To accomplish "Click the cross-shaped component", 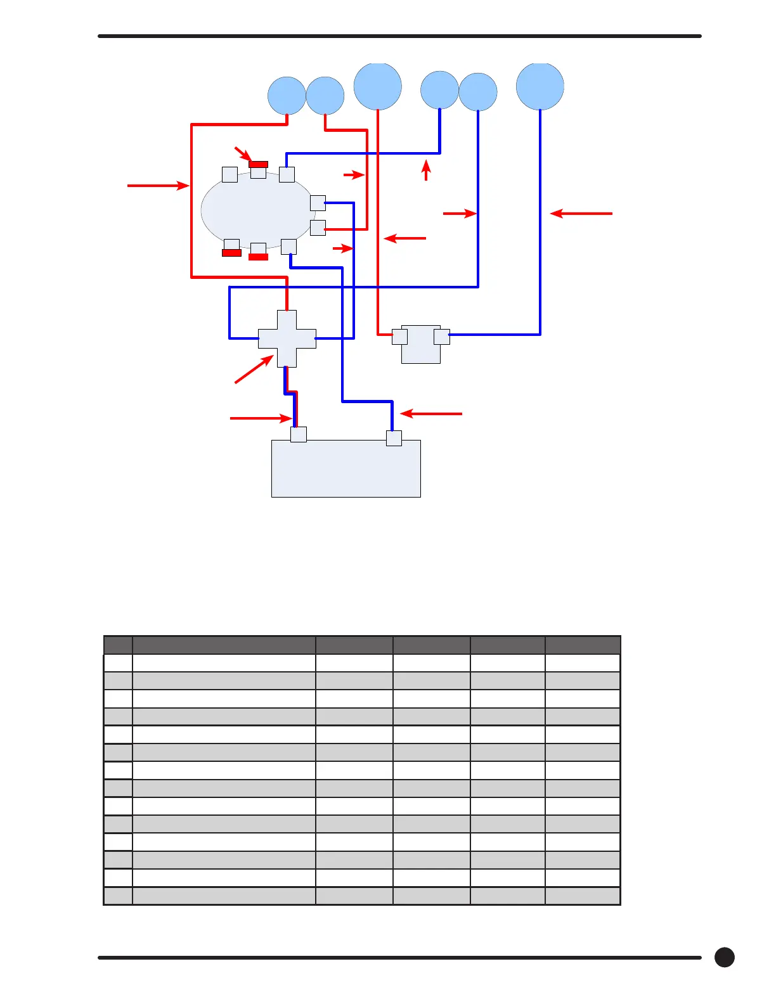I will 287,338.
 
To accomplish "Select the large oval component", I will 257,210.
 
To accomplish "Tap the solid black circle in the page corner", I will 724,957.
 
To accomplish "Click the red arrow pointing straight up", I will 426,171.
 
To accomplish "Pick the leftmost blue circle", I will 287,96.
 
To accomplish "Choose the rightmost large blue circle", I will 540,86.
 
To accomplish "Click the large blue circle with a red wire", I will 377,86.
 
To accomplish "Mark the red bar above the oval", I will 258,164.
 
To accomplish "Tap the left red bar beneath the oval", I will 231,253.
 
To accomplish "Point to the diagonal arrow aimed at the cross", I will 254,370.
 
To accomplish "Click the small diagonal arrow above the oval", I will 243,154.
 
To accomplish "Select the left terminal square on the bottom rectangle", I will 299,434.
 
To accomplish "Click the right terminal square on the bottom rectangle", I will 394,438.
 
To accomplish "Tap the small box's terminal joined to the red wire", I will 399,336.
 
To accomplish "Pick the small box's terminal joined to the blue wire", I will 442,336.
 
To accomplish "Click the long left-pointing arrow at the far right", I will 581,214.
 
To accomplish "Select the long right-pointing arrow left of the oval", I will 158,186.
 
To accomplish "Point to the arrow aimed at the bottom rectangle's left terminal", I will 261,418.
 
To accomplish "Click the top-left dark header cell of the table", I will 118,645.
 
